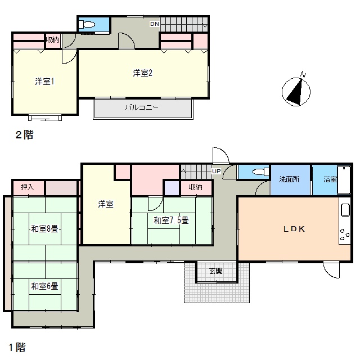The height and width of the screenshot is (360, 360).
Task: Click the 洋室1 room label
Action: pos(45,82)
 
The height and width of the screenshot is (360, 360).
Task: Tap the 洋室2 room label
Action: pos(142,73)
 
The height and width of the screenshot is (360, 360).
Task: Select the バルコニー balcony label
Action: pos(142,107)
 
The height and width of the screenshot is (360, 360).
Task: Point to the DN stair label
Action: pos(155,24)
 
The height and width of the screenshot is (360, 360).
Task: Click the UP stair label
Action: pos(216,171)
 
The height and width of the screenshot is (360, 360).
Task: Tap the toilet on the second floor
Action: pos(87,24)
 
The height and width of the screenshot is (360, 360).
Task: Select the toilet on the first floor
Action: pos(261,172)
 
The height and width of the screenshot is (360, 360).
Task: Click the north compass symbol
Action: pos(296,90)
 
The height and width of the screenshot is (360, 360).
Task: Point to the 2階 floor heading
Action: pos(25,135)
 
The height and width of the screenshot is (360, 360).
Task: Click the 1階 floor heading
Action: pos(17,348)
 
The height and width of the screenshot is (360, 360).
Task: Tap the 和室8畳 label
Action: pos(45,229)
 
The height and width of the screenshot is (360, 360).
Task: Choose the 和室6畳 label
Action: pos(45,286)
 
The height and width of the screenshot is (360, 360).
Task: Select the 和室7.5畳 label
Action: pos(171,220)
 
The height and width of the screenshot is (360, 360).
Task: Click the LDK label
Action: pos(294,229)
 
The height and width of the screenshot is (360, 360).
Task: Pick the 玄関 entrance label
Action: pos(216,271)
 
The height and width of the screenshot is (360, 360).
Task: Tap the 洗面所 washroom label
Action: pos(289,179)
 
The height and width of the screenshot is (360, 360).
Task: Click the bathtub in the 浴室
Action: pos(344,180)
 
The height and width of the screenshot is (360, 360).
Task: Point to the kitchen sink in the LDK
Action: pos(345,210)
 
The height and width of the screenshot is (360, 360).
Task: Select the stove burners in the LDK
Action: pos(345,235)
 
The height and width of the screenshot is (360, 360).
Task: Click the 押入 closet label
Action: pos(28,187)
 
